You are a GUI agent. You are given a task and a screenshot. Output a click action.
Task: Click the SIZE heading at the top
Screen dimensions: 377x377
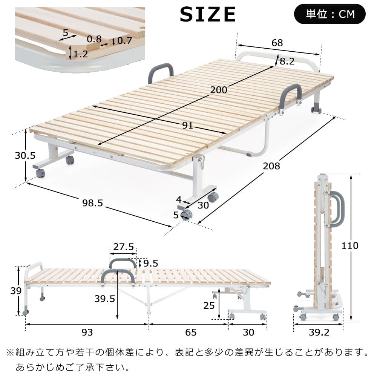click(208, 15)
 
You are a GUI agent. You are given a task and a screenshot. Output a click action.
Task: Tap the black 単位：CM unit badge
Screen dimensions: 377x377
click(329, 14)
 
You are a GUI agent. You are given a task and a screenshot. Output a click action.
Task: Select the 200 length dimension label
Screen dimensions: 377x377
click(219, 90)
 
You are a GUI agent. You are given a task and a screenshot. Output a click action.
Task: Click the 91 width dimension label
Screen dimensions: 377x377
click(187, 126)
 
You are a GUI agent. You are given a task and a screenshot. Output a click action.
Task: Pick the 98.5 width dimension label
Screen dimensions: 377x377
click(92, 203)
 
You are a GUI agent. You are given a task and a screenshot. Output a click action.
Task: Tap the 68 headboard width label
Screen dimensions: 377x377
click(277, 43)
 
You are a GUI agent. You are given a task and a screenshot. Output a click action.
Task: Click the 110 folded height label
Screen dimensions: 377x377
click(350, 246)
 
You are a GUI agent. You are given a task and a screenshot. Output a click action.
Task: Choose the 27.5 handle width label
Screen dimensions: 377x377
click(124, 247)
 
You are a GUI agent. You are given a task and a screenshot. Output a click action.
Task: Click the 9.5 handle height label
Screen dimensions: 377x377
click(151, 263)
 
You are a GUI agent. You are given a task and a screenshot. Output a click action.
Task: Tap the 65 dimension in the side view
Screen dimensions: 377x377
click(191, 332)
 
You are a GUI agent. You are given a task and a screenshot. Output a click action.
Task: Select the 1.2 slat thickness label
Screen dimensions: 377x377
click(81, 54)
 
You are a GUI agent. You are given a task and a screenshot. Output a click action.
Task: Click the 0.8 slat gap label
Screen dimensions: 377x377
click(94, 38)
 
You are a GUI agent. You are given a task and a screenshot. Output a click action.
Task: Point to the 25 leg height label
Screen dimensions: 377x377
click(208, 305)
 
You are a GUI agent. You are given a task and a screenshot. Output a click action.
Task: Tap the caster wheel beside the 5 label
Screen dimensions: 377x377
click(186, 215)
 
